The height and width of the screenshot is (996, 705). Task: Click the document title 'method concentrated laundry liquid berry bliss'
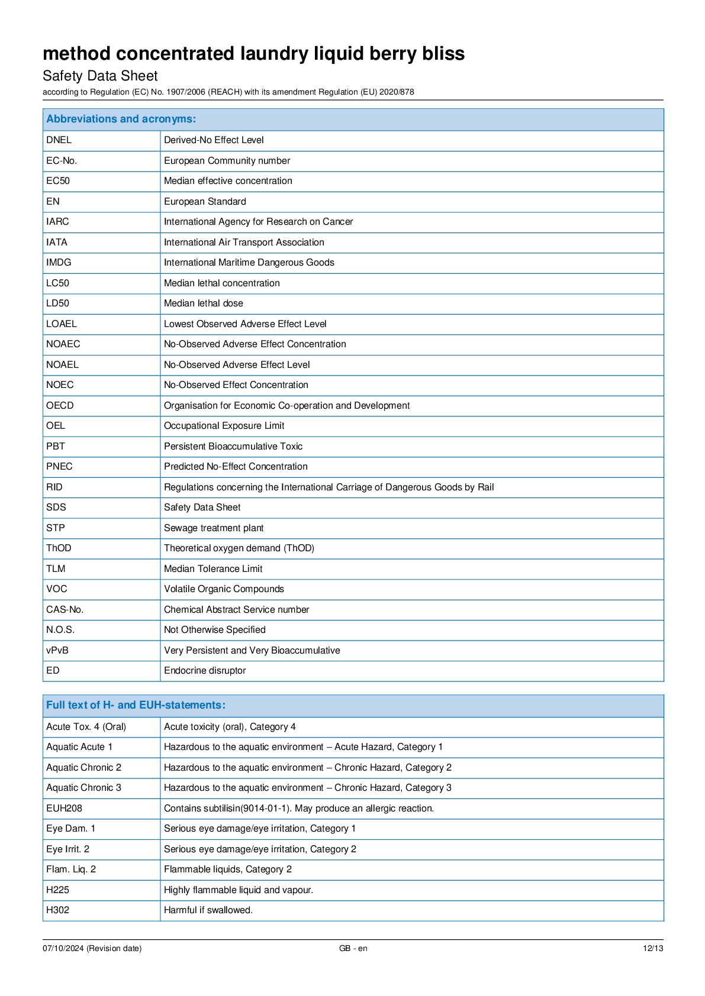[x=253, y=54]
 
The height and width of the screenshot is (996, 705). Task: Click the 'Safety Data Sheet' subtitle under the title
[x=100, y=76]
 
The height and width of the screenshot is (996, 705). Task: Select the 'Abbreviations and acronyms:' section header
[x=121, y=119]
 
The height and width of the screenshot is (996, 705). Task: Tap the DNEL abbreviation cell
[x=59, y=140]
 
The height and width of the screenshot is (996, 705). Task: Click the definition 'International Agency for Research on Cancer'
[x=258, y=222]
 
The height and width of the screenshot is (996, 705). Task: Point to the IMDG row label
[x=59, y=263]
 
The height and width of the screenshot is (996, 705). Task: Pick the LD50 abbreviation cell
[x=57, y=303]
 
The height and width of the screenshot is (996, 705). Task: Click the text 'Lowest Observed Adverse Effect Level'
[x=245, y=324]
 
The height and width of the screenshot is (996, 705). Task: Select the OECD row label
[x=60, y=406]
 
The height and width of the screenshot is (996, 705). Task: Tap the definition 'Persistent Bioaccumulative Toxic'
[x=233, y=447]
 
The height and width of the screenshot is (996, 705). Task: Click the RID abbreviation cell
[x=54, y=487]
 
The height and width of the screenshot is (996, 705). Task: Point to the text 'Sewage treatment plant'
[x=214, y=528]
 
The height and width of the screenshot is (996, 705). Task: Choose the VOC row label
[x=57, y=589]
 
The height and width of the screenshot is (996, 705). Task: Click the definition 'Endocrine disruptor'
[x=205, y=671]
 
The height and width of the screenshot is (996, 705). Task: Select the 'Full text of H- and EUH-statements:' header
[x=136, y=705]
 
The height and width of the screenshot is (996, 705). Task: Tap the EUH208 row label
[x=64, y=809]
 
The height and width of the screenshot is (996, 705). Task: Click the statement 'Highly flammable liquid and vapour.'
[x=239, y=890]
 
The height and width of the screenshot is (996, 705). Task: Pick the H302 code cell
[x=57, y=910]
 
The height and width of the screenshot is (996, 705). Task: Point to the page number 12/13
[x=653, y=949]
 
